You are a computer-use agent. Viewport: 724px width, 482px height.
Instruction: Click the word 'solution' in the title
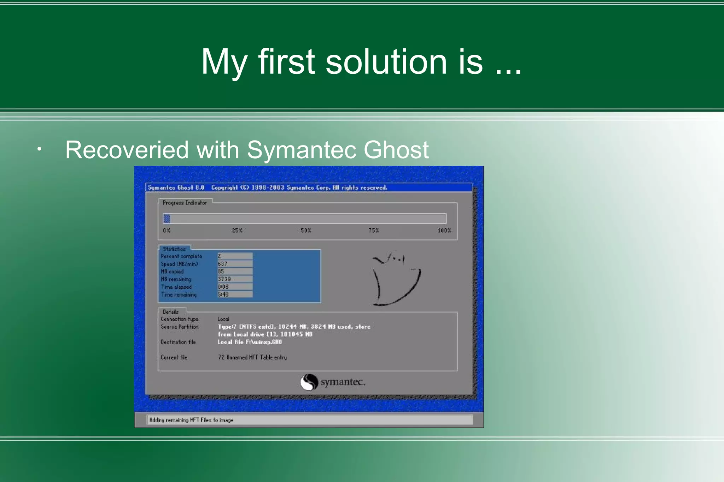tap(386, 62)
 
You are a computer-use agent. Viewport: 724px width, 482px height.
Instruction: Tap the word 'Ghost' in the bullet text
tap(396, 150)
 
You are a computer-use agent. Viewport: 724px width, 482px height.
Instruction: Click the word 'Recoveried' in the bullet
tap(127, 150)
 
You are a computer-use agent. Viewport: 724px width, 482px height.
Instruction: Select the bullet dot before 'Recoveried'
tap(39, 149)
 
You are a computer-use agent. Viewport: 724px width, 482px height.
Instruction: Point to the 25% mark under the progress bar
tap(237, 231)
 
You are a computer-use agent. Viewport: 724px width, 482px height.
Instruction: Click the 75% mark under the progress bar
tap(374, 231)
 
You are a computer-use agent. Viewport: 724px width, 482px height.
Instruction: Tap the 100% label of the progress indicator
tap(444, 231)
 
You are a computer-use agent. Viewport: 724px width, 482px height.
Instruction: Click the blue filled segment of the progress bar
tap(167, 219)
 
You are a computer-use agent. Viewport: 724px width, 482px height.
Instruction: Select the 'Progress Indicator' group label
tap(185, 203)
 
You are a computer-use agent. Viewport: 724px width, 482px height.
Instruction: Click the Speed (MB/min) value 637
tap(223, 264)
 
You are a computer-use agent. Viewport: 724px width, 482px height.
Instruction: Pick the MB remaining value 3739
tap(224, 279)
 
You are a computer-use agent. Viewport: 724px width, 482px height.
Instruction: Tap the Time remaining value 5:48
tap(223, 294)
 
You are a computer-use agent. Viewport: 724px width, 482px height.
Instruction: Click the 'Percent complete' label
tap(181, 256)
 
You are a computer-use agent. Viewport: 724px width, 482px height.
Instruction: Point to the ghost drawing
tap(395, 279)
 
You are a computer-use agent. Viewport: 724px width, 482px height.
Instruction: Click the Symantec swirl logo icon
tap(309, 382)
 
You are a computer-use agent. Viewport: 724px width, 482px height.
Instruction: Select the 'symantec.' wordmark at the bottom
tap(343, 382)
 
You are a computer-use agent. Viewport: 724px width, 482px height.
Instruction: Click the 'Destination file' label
tap(178, 342)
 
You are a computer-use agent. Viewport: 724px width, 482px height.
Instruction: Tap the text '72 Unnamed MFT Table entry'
tap(252, 357)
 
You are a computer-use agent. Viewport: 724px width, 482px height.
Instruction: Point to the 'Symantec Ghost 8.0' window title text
tap(176, 188)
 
